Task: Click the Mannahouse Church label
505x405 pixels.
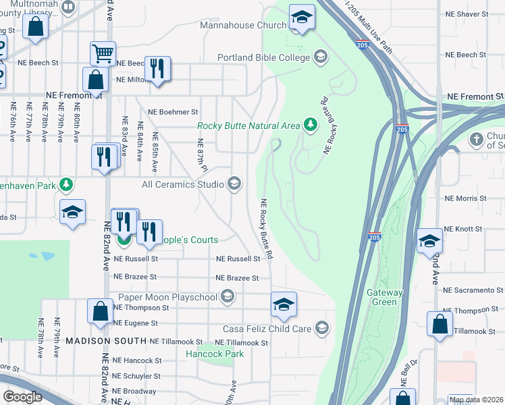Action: (243, 25)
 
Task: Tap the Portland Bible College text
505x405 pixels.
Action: (263, 57)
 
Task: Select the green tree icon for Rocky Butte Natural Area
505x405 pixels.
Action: (310, 125)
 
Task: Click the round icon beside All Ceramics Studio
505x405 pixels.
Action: (234, 184)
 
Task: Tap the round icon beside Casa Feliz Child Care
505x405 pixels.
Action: (322, 329)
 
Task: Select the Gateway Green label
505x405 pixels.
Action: (384, 297)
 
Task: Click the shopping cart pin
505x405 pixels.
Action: (103, 53)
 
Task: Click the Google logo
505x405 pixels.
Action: (22, 397)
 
